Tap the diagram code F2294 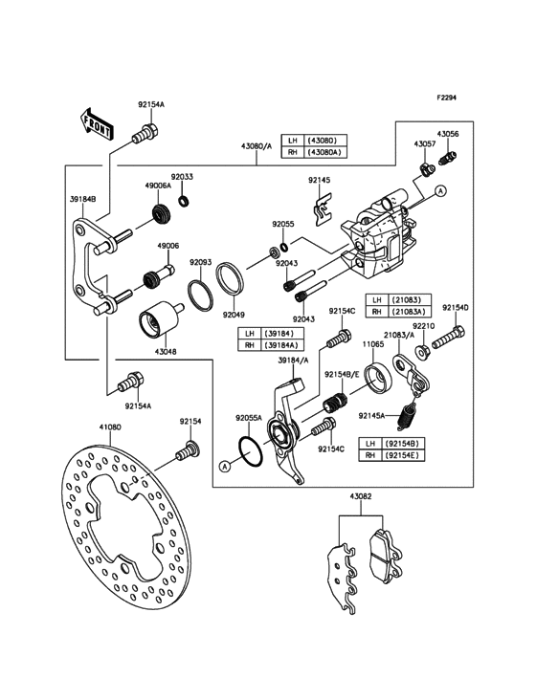(449, 98)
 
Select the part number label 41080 (108, 428)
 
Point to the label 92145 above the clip (320, 180)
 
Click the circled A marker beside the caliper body (440, 192)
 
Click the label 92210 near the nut (424, 326)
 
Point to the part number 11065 (373, 342)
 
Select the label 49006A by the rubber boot (158, 186)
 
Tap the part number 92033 (182, 177)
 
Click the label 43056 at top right (448, 134)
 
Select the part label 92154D (456, 308)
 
